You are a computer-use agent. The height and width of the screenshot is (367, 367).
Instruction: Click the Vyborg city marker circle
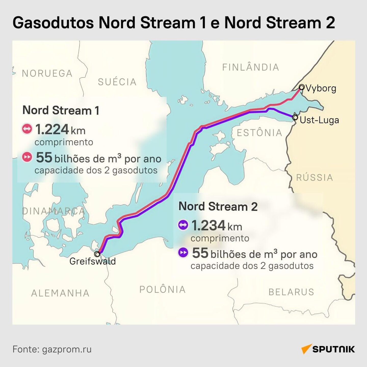pos(302,87)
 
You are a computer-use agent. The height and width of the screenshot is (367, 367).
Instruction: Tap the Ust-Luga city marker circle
pos(295,117)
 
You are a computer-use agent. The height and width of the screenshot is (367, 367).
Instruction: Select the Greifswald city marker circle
pos(97,254)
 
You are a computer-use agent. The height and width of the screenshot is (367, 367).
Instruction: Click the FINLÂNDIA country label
pos(251,67)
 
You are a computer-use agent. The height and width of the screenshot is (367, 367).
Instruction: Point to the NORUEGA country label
pos(47,73)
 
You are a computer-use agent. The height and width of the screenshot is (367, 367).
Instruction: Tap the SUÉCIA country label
pos(117,82)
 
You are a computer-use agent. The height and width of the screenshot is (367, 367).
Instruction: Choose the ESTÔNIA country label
pos(259,133)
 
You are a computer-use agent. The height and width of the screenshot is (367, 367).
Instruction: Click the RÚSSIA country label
pos(314,177)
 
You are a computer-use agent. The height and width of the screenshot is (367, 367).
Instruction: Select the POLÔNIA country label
pos(162,289)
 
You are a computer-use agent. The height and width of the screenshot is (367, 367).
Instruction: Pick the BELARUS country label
pos(291,292)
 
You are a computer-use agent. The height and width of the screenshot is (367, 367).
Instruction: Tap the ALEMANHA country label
pos(60,293)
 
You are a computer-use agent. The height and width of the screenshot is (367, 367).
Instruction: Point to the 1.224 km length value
pos(60,130)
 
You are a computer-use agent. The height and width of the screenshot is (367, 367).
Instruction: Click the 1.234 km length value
pos(216,226)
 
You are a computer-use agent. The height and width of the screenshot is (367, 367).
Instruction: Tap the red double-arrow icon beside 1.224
pos(27,129)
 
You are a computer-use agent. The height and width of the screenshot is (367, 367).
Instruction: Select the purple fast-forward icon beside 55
pos(183,253)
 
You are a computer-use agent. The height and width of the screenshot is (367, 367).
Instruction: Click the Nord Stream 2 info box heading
pos(218,206)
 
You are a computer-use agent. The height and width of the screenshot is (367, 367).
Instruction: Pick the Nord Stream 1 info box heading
pos(61,110)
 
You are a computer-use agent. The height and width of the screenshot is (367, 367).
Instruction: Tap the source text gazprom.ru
pos(67,349)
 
